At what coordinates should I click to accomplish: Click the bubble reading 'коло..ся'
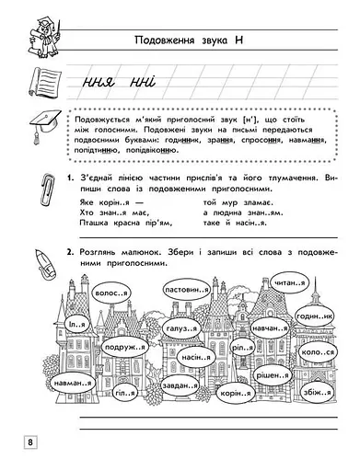coord(319,350)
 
